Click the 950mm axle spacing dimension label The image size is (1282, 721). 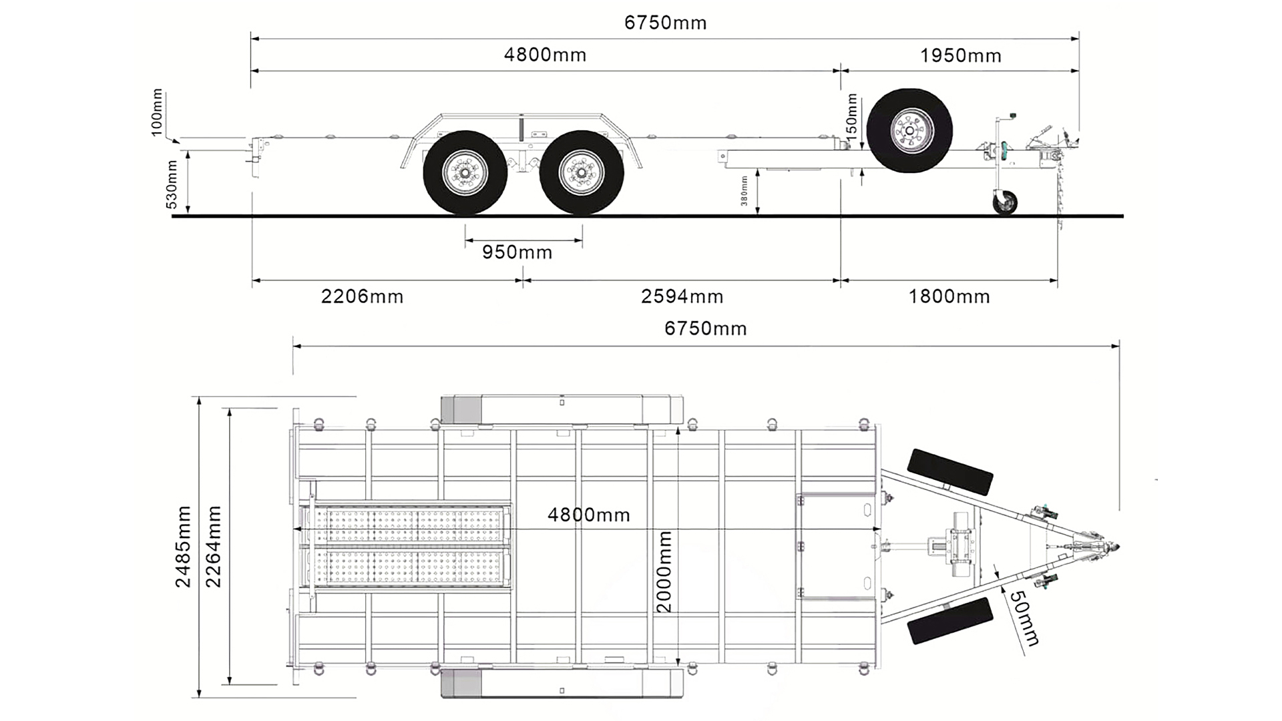point(517,252)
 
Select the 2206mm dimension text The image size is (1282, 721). point(362,296)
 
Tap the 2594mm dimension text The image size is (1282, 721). point(682,296)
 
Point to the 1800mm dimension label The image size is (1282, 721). point(949,296)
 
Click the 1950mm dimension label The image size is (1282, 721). point(960,56)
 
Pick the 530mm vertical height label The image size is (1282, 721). point(172,184)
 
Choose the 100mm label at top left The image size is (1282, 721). point(157,112)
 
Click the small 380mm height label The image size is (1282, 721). point(744,190)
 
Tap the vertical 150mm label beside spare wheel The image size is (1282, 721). point(851,115)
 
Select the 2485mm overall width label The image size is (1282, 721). point(183,547)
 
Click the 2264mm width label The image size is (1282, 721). point(213,547)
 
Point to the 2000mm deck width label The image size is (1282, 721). point(664,571)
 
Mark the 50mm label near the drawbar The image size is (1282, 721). point(1024,618)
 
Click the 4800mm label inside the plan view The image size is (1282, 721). point(588,515)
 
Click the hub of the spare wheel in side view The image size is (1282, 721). point(909,132)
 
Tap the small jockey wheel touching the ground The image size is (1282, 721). point(1004,202)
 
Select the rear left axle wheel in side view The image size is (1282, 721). point(465,173)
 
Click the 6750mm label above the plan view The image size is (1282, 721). point(705,328)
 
